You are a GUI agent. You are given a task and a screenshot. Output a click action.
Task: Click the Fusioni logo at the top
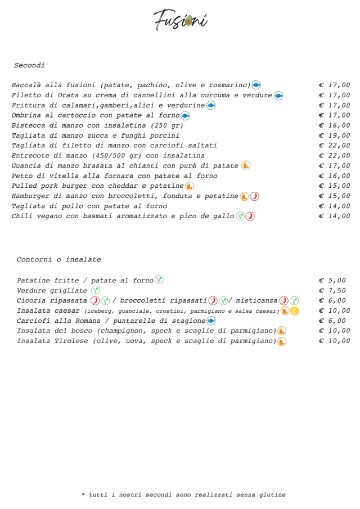pyautogui.click(x=180, y=20)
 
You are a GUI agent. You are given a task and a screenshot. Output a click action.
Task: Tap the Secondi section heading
pyautogui.click(x=29, y=66)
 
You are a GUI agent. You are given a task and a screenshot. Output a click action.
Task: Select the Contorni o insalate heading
pyautogui.click(x=58, y=259)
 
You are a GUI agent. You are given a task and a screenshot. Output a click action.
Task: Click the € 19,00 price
pyautogui.click(x=334, y=136)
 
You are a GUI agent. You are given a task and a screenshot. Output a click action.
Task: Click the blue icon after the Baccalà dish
pyautogui.click(x=256, y=85)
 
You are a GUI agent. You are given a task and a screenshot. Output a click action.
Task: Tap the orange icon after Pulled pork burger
pyautogui.click(x=190, y=186)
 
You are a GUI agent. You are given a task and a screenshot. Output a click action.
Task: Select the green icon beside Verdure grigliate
pyautogui.click(x=95, y=290)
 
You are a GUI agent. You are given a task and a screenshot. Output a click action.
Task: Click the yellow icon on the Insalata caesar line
pyautogui.click(x=295, y=311)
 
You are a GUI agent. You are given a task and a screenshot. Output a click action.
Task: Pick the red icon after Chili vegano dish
pyautogui.click(x=250, y=217)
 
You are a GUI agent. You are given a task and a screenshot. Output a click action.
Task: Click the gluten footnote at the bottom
pyautogui.click(x=183, y=495)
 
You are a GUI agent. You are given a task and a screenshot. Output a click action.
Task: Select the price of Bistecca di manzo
pyautogui.click(x=334, y=125)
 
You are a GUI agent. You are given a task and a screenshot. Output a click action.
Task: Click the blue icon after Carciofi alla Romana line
pyautogui.click(x=211, y=321)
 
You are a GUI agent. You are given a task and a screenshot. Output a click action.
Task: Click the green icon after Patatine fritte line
pyautogui.click(x=159, y=280)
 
